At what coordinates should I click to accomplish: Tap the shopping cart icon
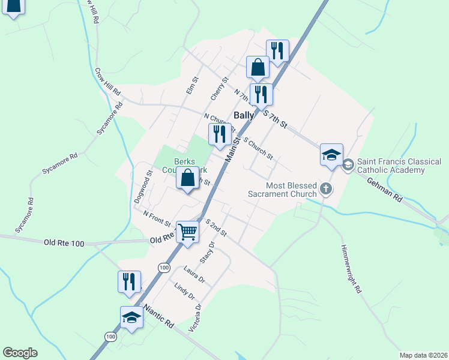pyautogui.click(x=188, y=232)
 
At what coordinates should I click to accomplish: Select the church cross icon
pyautogui.click(x=325, y=189)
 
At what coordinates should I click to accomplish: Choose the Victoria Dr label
pyautogui.click(x=195, y=317)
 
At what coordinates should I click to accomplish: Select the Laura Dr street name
pyautogui.click(x=195, y=275)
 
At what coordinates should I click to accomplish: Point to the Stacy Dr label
pyautogui.click(x=208, y=253)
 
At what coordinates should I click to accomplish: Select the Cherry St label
pyautogui.click(x=220, y=89)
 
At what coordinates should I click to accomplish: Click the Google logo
pyautogui.click(x=20, y=353)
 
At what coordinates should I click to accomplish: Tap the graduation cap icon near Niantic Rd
pyautogui.click(x=131, y=318)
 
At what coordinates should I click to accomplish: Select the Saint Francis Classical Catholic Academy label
pyautogui.click(x=399, y=166)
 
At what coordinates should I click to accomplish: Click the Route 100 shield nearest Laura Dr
pyautogui.click(x=163, y=267)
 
